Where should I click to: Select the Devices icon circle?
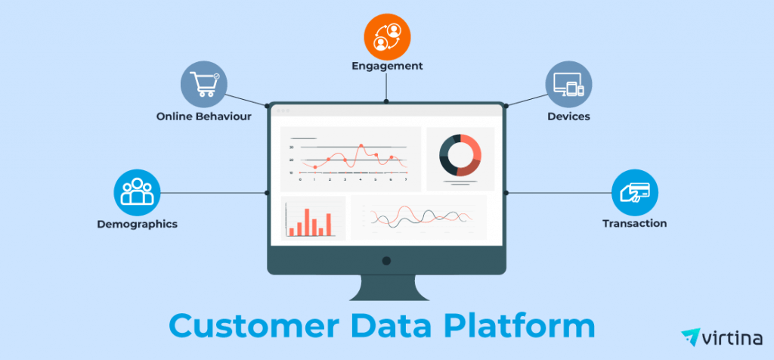(x=569, y=84)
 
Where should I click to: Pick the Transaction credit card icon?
(x=634, y=191)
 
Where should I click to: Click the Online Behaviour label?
(x=204, y=117)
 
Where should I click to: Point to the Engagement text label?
(x=387, y=66)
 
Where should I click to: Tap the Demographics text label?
(x=137, y=224)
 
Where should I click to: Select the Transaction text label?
(x=634, y=223)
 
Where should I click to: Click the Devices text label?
(x=569, y=117)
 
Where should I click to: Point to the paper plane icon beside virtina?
(x=691, y=337)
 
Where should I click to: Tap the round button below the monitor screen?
(x=386, y=261)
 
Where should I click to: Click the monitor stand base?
(x=386, y=295)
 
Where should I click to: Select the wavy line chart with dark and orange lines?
(x=418, y=218)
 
